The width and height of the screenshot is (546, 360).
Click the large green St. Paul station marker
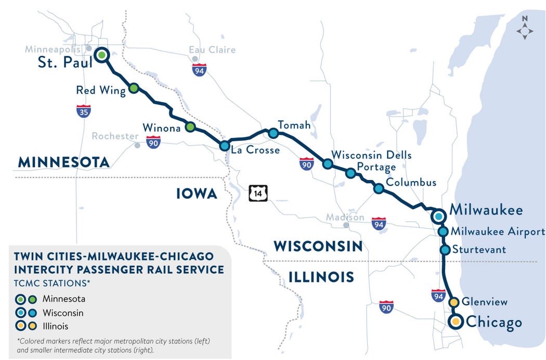point(101,55)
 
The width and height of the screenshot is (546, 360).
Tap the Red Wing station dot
point(134,88)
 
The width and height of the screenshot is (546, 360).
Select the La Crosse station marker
point(224,146)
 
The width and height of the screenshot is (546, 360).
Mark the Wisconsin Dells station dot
point(328,164)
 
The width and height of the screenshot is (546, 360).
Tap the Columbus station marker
point(379,189)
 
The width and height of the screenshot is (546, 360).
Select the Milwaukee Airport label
point(498,232)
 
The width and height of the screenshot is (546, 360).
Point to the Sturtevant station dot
point(445,250)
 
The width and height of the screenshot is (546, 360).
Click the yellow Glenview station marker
point(453,302)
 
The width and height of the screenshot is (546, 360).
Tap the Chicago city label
point(493,322)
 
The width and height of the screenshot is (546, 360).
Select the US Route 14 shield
point(257,193)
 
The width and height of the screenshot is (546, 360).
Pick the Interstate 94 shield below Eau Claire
point(199,70)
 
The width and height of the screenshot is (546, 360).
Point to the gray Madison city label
point(345,217)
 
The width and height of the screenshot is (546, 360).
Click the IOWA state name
point(196,194)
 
